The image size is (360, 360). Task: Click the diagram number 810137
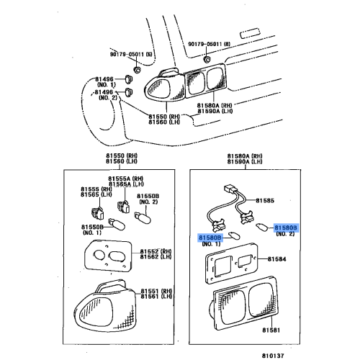[273, 356]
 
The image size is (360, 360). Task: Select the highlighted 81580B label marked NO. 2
[286, 228]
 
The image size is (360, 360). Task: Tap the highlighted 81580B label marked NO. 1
[210, 238]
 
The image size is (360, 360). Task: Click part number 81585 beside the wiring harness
[265, 200]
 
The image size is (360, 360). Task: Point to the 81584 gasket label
[277, 259]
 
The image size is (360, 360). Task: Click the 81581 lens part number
[271, 330]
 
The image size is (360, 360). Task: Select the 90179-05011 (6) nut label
[131, 54]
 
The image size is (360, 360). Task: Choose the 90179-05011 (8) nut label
[209, 44]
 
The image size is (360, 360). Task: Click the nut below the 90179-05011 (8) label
[206, 59]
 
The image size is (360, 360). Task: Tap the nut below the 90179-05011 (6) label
[137, 70]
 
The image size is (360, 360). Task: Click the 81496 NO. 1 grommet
[129, 79]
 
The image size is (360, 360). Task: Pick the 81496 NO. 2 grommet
[129, 92]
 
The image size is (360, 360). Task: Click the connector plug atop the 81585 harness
[230, 189]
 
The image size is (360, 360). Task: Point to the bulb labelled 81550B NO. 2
[143, 217]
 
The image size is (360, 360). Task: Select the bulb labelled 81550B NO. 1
[117, 224]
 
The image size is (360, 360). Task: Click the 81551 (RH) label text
[156, 291]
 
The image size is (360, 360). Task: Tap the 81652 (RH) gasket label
[156, 251]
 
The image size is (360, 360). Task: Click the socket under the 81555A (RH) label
[123, 206]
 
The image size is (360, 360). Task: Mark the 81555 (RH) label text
[96, 189]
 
